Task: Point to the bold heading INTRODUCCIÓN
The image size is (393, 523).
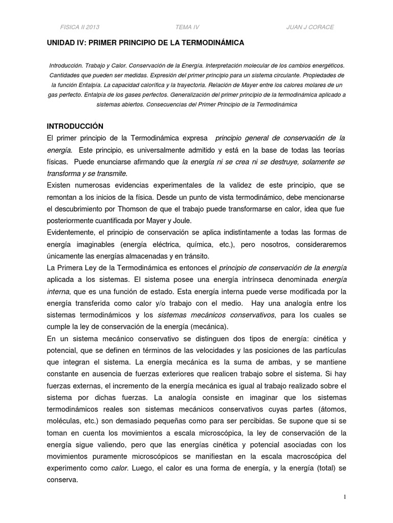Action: pos(75,126)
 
